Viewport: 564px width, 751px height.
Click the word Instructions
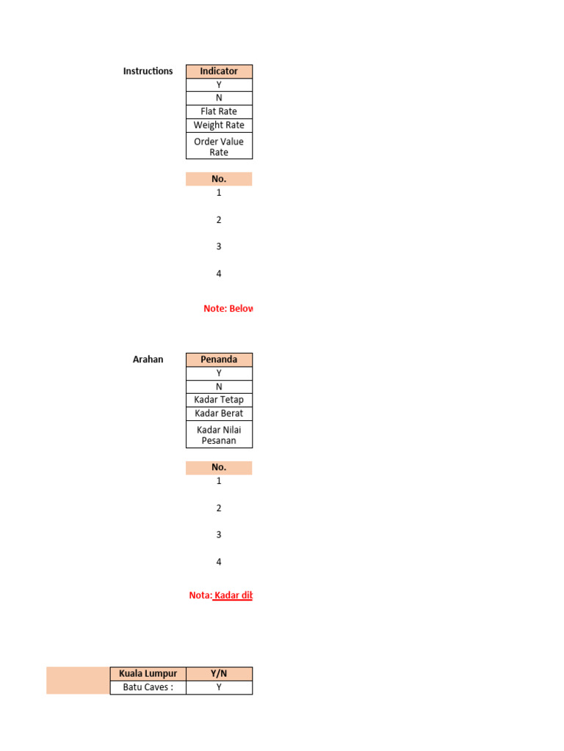coord(148,71)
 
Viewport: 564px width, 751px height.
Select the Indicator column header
coord(219,71)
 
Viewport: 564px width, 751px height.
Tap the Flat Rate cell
coord(219,111)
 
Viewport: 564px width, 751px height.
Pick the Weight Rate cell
coord(219,125)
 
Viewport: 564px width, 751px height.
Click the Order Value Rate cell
coord(219,147)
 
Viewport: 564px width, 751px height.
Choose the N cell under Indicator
coord(219,98)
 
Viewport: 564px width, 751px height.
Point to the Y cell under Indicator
coord(219,85)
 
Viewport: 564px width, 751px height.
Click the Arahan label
coord(148,359)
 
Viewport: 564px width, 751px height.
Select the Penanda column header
coord(219,359)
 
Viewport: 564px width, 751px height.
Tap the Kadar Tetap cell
coord(219,400)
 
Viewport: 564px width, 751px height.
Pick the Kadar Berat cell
coord(219,414)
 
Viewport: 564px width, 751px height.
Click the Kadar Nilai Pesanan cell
coord(219,435)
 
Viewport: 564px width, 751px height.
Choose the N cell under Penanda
coord(219,387)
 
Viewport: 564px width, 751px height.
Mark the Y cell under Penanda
coord(219,373)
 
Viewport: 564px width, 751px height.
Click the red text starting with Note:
coord(228,309)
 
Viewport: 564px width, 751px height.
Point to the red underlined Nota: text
coord(220,596)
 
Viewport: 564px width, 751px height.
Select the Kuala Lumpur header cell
coord(148,673)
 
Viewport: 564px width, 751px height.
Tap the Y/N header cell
coord(219,673)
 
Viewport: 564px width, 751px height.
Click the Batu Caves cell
coord(148,687)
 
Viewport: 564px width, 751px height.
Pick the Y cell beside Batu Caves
coord(219,687)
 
